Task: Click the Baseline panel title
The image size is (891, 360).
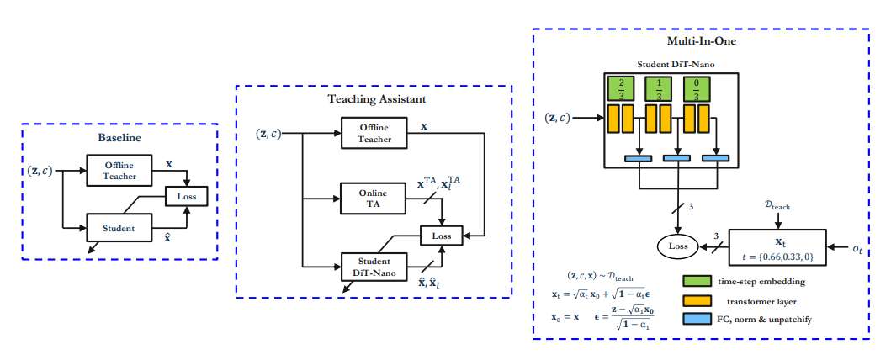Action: pyautogui.click(x=119, y=136)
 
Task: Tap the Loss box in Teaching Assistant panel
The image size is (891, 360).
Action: pyautogui.click(x=441, y=236)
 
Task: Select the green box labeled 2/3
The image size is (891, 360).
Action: pyautogui.click(x=621, y=88)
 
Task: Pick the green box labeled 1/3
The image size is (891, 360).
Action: pyautogui.click(x=660, y=88)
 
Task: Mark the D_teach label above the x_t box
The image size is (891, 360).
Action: pyautogui.click(x=776, y=204)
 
